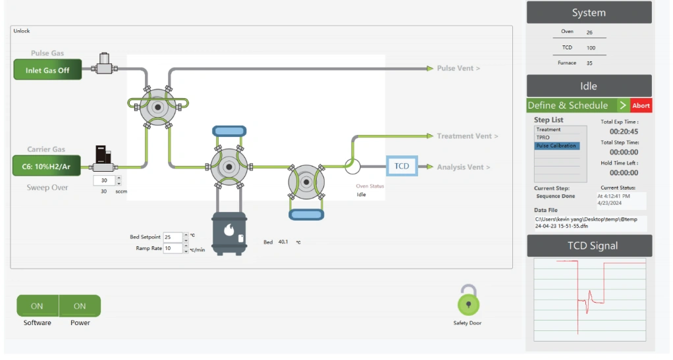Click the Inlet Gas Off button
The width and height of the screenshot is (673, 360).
click(x=47, y=70)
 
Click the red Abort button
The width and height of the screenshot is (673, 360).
click(x=641, y=105)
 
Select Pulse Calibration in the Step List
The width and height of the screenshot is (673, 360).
click(x=556, y=145)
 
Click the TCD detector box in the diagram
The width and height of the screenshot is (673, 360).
click(x=402, y=167)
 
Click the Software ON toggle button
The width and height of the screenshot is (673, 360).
click(x=37, y=306)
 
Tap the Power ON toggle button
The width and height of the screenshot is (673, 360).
click(x=80, y=306)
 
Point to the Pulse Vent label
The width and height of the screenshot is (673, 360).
click(x=458, y=68)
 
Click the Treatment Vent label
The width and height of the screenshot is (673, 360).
click(x=468, y=136)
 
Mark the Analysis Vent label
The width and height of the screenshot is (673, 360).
click(x=464, y=167)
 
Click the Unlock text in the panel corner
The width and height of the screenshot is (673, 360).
click(x=22, y=31)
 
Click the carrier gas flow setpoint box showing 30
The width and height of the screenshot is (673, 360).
click(x=103, y=180)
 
